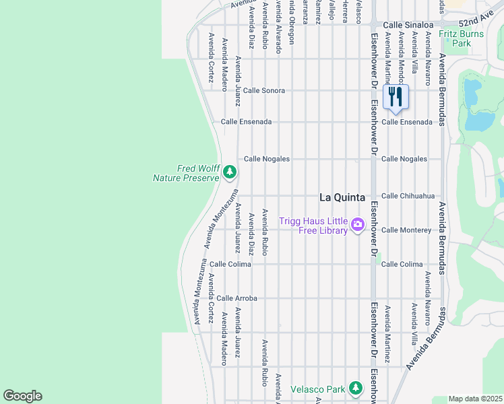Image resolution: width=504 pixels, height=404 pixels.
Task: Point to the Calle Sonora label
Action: click(263, 90)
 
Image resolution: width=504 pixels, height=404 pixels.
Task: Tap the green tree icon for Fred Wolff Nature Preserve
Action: click(229, 173)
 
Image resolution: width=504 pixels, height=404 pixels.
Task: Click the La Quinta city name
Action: click(342, 197)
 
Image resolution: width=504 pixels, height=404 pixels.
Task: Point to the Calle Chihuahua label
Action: click(406, 196)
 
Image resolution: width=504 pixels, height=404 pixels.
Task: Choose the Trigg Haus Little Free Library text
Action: click(323, 226)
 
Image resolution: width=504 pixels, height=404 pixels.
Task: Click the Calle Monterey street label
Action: click(406, 230)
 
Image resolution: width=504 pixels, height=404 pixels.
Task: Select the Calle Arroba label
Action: click(237, 298)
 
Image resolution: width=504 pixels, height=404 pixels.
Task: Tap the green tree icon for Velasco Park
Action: click(355, 389)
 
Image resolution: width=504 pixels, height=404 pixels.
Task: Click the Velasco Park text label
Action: click(317, 389)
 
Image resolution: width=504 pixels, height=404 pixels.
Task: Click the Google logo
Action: click(22, 396)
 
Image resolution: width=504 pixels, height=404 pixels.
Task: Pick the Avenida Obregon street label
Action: click(292, 23)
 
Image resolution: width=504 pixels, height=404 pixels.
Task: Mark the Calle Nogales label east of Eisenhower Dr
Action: click(404, 159)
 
